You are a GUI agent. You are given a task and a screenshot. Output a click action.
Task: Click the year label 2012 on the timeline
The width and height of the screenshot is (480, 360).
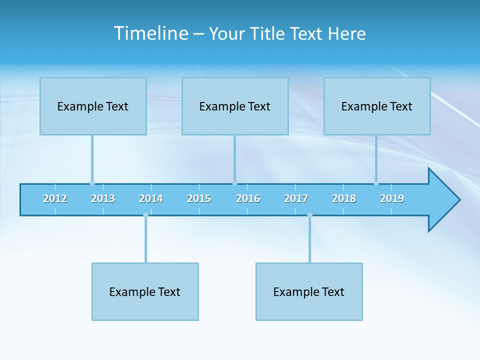point(55,198)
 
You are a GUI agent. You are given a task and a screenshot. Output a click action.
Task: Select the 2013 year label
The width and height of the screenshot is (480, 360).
point(103,198)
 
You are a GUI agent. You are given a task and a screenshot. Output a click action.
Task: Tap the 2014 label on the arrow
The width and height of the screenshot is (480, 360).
point(151,198)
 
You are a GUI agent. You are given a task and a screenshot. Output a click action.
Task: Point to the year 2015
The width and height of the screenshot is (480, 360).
point(199,198)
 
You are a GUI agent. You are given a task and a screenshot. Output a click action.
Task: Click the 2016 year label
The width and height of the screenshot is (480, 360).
point(248,198)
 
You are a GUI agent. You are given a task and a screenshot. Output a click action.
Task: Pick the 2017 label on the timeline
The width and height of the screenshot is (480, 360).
point(296,198)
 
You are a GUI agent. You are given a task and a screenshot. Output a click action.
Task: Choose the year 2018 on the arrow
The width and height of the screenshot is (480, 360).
point(344,198)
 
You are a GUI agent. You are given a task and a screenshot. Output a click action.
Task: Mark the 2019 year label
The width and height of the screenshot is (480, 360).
point(392,198)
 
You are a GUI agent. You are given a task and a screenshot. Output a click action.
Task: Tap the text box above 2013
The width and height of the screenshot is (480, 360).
point(93,106)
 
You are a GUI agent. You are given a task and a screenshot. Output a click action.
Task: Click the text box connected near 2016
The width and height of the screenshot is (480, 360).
point(235,106)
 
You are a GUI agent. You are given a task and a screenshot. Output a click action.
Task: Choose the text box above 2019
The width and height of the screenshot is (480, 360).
point(377,106)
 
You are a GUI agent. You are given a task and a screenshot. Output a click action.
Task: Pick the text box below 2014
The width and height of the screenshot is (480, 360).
point(145,291)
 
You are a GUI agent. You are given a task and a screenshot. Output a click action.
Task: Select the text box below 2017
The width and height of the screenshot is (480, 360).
point(309,291)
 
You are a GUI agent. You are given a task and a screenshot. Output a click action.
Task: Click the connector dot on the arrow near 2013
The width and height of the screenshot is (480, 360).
point(92,183)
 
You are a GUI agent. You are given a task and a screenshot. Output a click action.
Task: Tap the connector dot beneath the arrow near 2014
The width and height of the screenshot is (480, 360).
point(145,215)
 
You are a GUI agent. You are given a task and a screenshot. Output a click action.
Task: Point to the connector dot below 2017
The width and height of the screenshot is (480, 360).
point(309,215)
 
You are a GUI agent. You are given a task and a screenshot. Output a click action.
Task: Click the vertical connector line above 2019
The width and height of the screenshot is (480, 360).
point(376,157)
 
